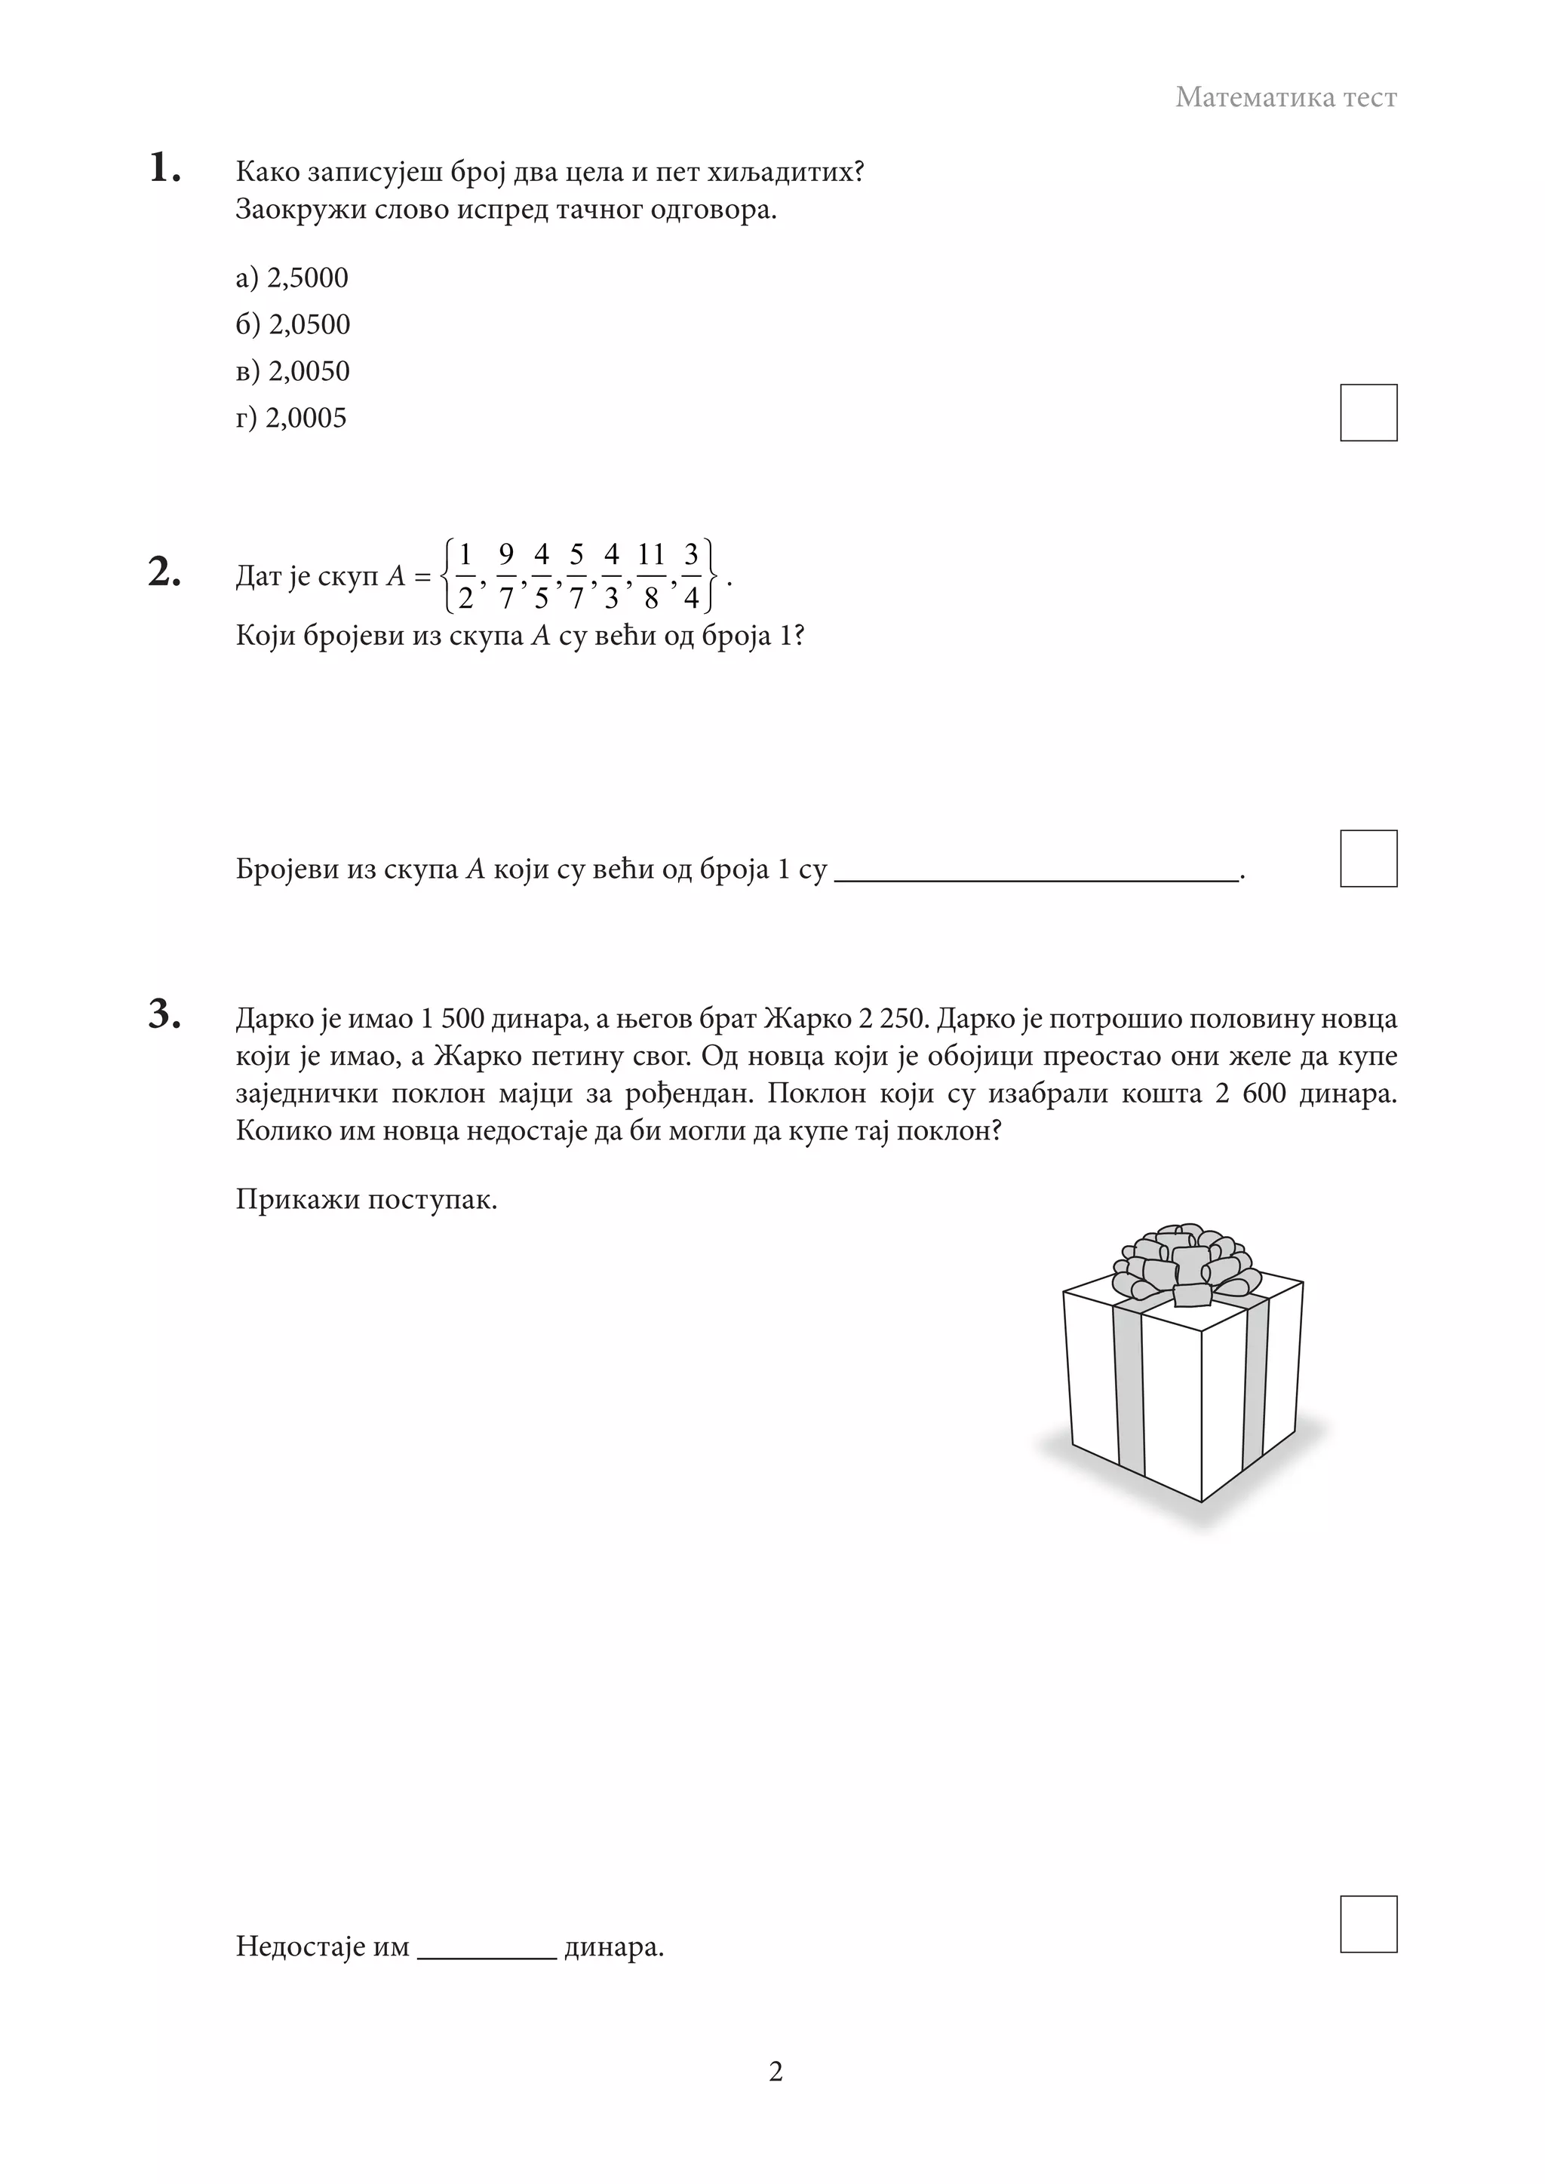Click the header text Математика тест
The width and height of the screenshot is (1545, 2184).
coord(1285,97)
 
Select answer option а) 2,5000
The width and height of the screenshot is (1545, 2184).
coord(292,278)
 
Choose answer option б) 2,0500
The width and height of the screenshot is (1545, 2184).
coord(293,324)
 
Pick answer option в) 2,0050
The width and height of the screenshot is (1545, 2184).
coord(293,371)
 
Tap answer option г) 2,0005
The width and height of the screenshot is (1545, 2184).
coord(291,418)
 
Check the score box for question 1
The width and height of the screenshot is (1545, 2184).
coord(1368,413)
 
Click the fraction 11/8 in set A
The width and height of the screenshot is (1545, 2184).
coord(651,575)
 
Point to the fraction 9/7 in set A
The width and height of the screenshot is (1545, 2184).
coord(506,575)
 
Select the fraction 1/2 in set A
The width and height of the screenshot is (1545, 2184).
coord(465,575)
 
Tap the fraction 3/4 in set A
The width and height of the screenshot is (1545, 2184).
coord(692,575)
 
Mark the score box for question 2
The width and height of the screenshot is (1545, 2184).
coord(1368,858)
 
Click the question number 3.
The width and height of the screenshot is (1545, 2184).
coord(164,1014)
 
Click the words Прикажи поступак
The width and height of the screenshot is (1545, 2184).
coord(367,1200)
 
